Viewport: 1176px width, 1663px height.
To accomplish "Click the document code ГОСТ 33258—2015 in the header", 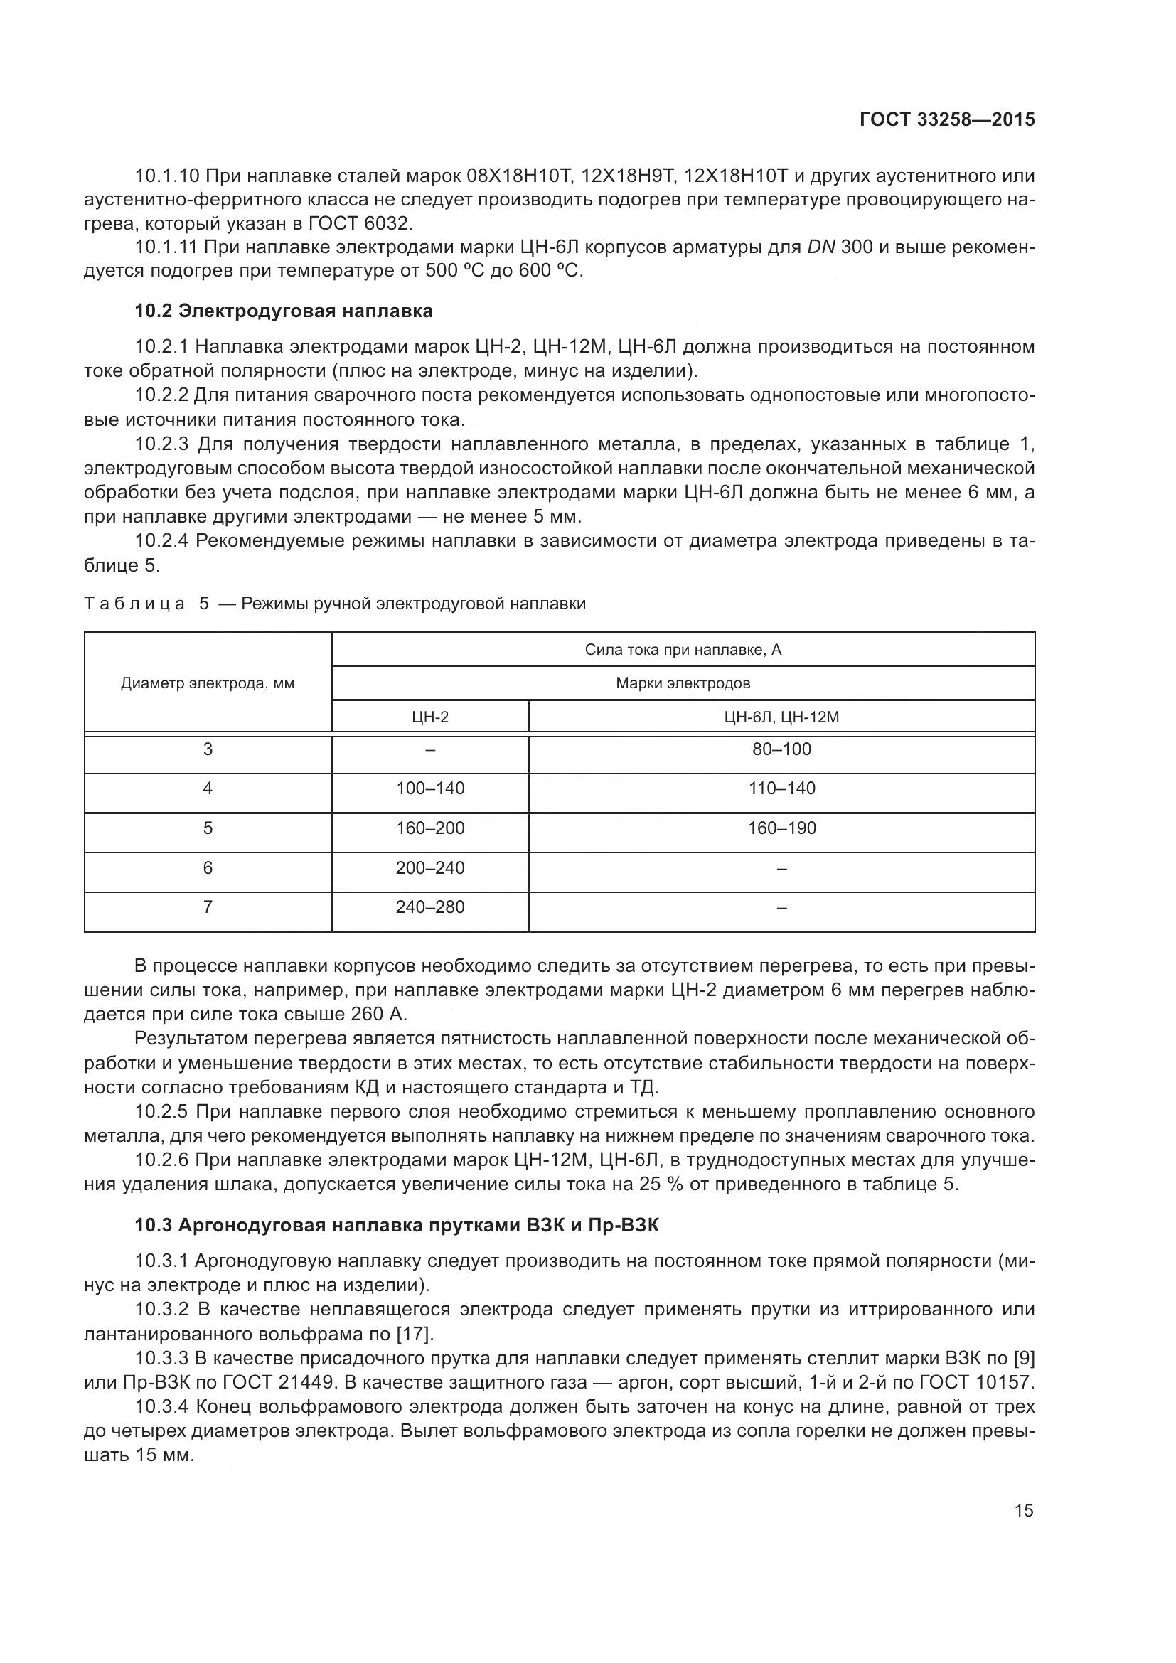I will (947, 119).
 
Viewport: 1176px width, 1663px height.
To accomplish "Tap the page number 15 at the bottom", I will (1024, 1510).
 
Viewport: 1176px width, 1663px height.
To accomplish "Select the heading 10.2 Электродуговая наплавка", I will (284, 311).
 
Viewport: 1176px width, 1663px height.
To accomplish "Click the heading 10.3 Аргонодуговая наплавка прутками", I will (397, 1225).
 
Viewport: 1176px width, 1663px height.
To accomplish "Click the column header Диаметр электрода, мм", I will (208, 683).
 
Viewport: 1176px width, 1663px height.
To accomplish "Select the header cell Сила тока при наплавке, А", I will (683, 650).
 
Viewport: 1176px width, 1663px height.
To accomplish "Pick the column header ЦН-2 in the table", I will (430, 717).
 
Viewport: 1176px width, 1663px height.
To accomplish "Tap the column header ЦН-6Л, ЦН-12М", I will (781, 717).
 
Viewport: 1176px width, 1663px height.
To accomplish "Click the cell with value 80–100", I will (781, 749).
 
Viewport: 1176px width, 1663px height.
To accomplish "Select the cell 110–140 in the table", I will (781, 788).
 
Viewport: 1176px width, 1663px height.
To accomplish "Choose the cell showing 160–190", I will (781, 828).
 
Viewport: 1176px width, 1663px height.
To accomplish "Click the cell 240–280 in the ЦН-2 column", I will (430, 907).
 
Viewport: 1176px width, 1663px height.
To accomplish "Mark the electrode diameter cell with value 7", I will (208, 907).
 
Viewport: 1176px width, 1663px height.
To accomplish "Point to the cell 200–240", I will (430, 867).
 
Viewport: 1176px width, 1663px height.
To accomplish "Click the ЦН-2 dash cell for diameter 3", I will (430, 749).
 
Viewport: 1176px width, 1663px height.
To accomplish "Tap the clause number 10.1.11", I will (166, 247).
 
